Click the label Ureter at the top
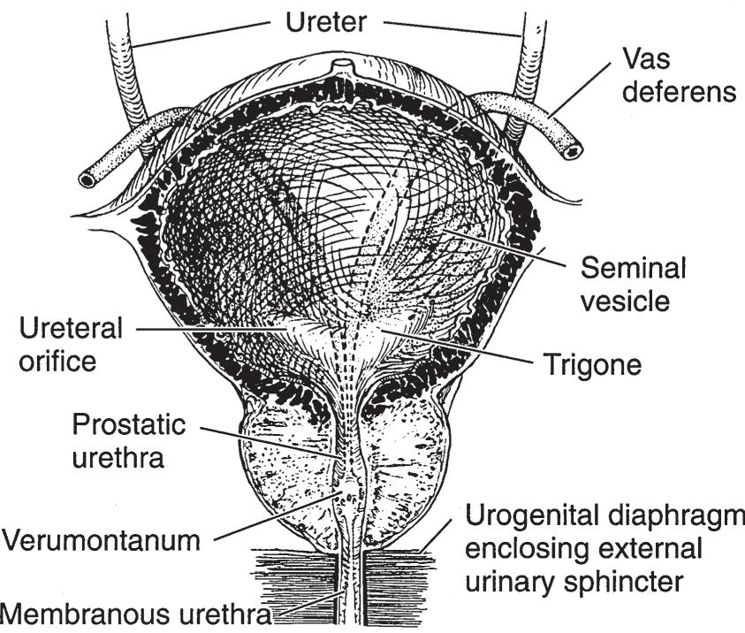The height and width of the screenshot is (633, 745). tap(324, 22)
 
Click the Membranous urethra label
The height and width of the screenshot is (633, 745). tap(137, 613)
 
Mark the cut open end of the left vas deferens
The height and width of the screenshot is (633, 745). tap(87, 179)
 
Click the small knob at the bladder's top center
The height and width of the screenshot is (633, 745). tap(341, 67)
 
